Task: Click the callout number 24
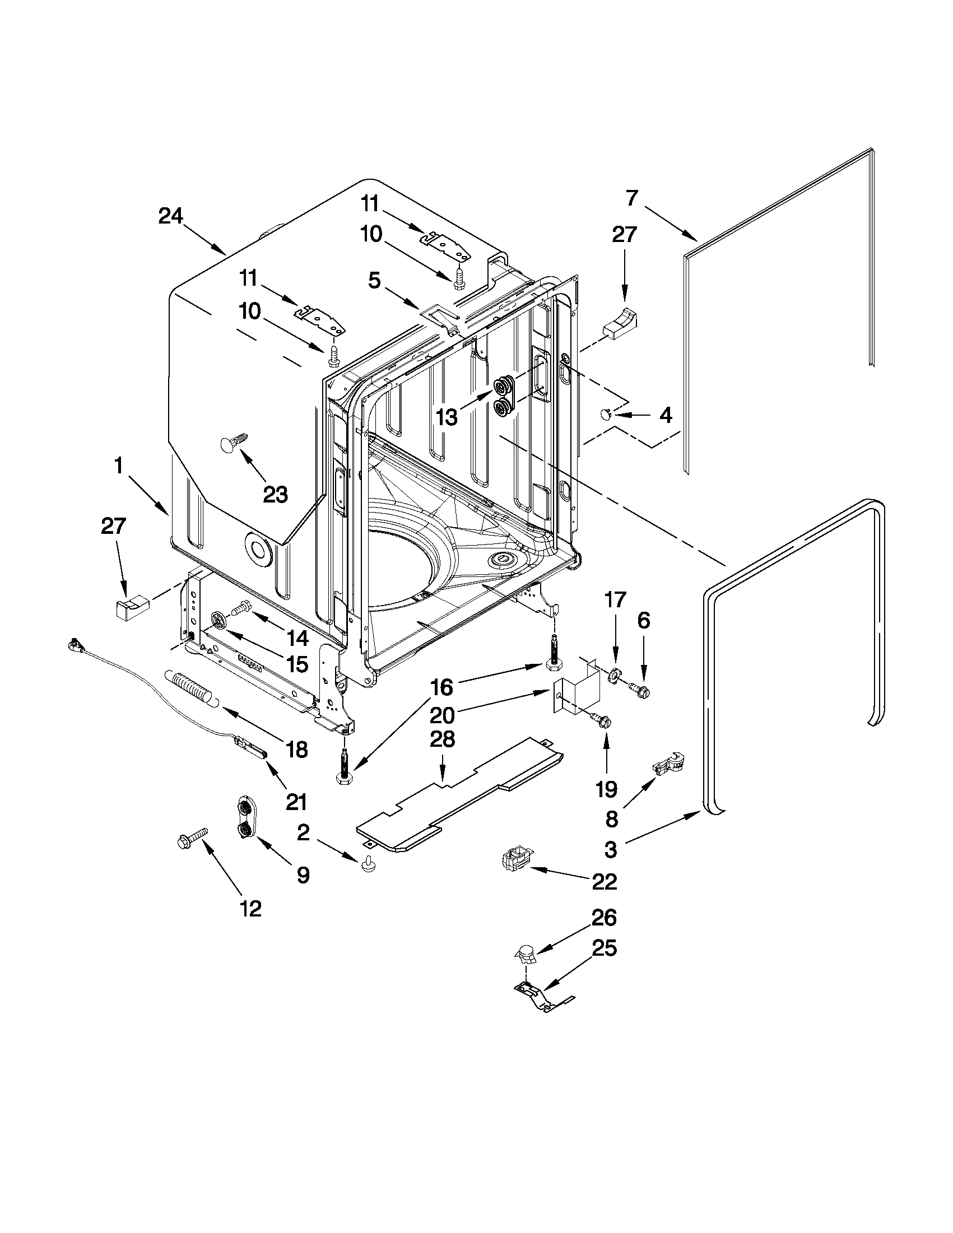point(170,216)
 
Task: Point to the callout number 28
point(442,739)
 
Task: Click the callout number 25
point(603,948)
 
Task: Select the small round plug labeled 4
point(605,415)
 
